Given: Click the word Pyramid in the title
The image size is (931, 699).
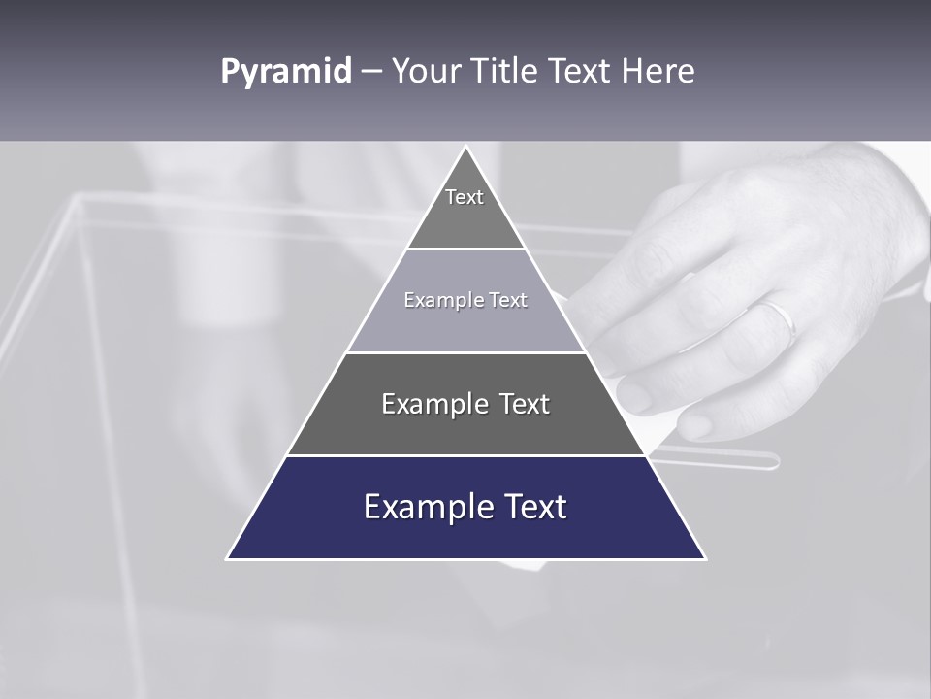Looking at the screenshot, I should [x=286, y=72].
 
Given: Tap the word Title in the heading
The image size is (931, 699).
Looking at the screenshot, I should [x=505, y=72].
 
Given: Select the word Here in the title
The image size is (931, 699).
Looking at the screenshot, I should [x=658, y=72].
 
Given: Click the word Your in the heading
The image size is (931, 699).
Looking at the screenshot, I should [x=427, y=72].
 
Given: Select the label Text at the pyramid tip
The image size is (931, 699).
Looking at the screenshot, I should [x=465, y=197].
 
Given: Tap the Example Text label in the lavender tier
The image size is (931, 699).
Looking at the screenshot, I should [x=465, y=300].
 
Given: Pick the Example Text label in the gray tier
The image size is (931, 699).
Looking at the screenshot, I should [x=465, y=404].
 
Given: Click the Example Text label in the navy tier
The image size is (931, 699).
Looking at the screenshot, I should [x=465, y=507].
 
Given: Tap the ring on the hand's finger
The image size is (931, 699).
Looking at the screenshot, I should [x=779, y=317].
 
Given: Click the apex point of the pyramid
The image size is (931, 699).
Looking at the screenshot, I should [x=465, y=148].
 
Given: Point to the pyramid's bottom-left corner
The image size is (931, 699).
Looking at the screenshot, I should [x=228, y=558].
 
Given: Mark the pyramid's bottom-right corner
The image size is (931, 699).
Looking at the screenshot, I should [x=705, y=558].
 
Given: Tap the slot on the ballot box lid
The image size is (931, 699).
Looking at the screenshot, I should [x=718, y=459].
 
